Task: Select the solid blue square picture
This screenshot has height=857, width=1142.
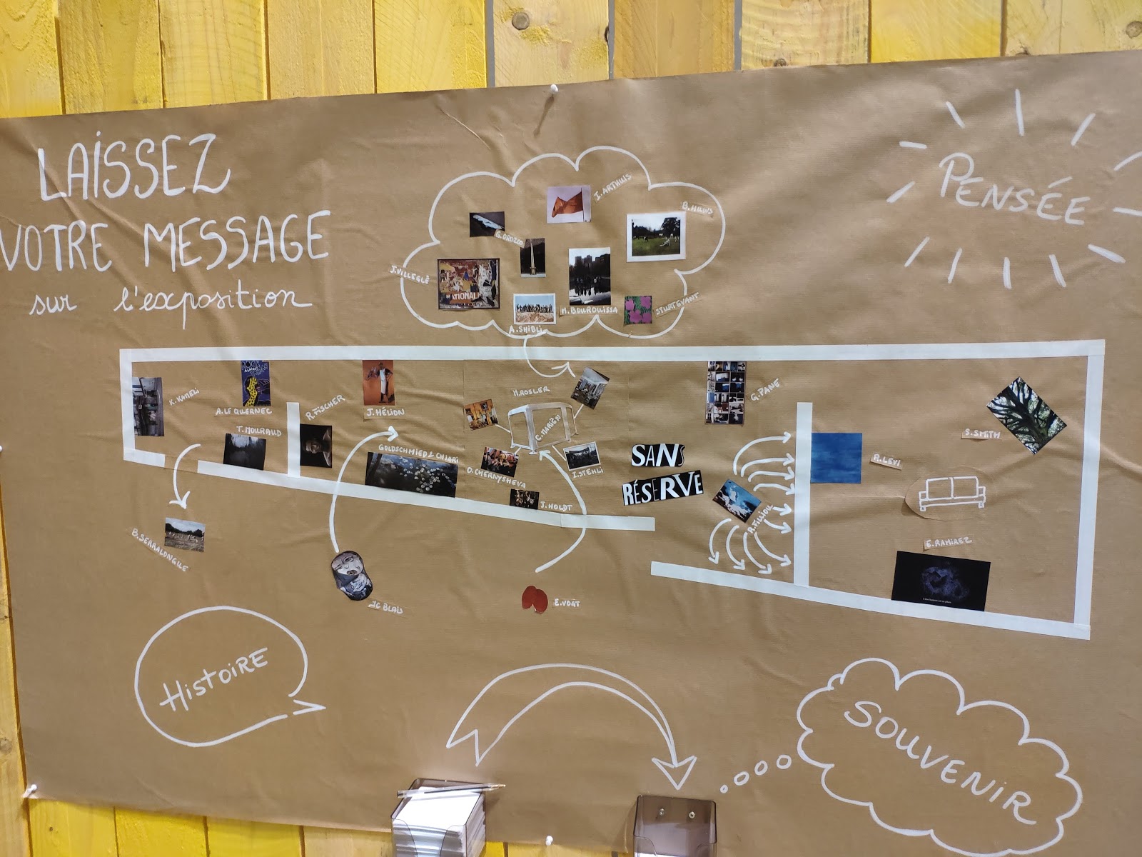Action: tap(836, 458)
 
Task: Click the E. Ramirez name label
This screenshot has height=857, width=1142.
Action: tap(948, 543)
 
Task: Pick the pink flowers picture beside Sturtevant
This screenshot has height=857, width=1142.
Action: tap(637, 310)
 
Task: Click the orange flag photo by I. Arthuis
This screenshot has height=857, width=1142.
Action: tap(568, 203)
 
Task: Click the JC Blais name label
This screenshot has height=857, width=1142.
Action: tap(385, 608)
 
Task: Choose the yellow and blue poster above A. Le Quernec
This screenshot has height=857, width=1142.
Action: tap(255, 382)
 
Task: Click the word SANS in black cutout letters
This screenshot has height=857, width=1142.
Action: tap(657, 456)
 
